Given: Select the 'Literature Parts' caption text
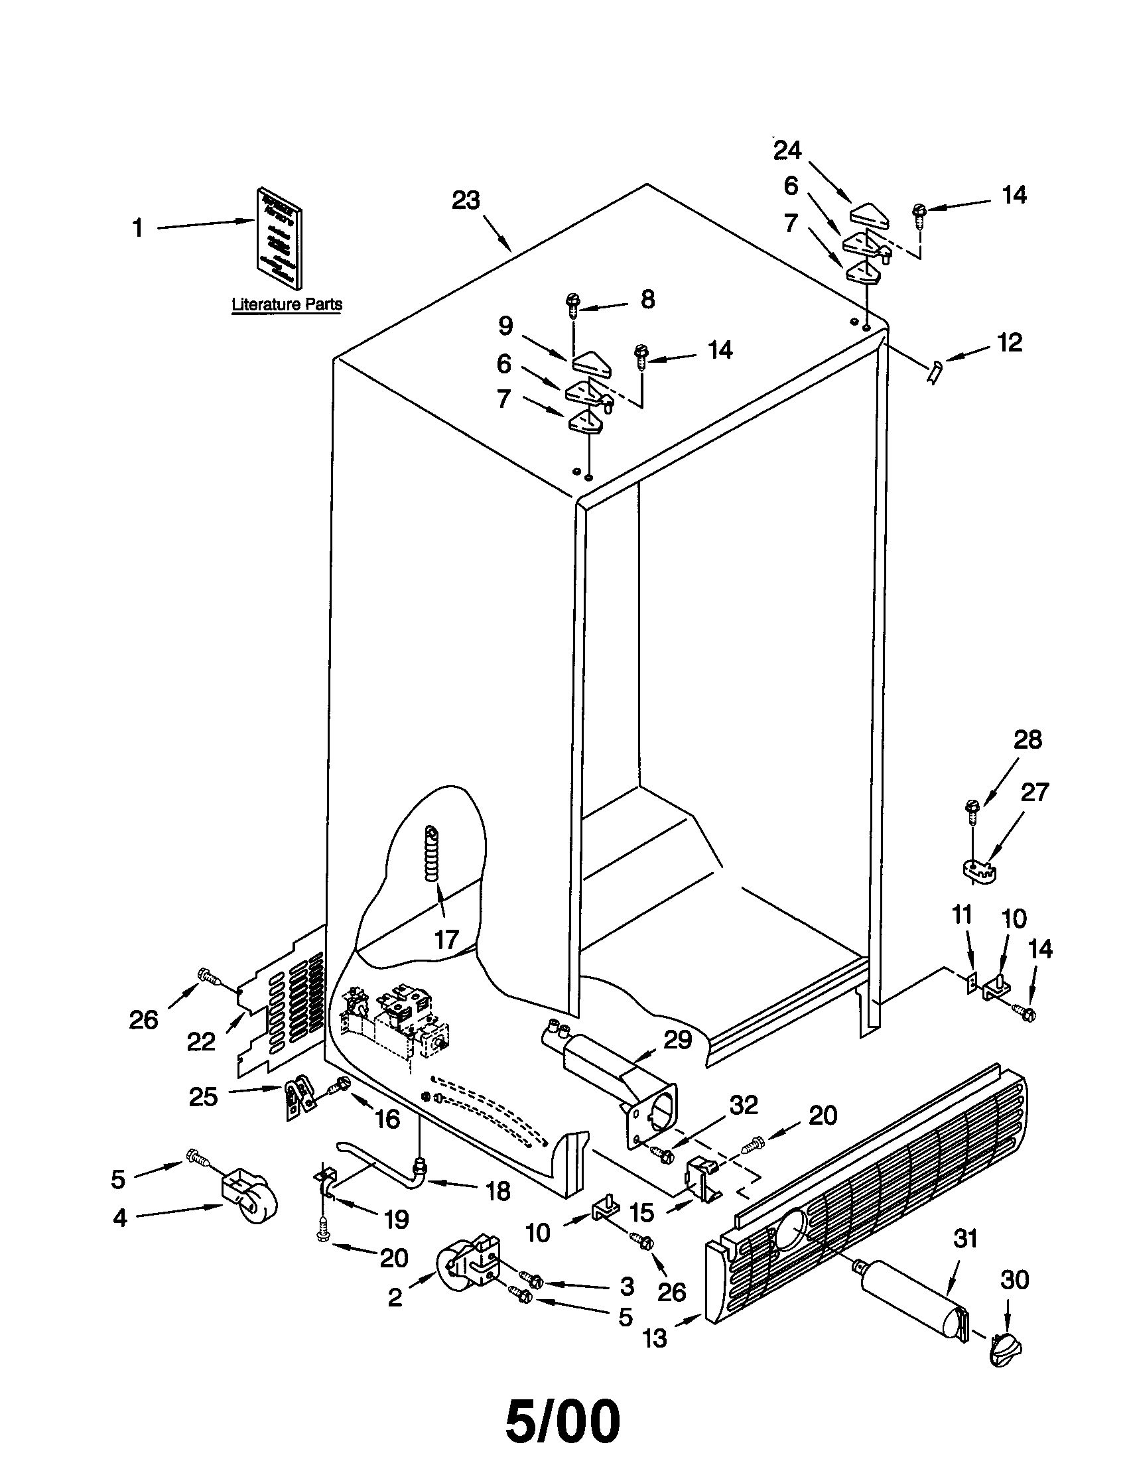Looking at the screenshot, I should (x=287, y=304).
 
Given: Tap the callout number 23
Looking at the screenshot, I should (x=466, y=200).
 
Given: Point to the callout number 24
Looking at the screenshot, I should (x=787, y=151).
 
